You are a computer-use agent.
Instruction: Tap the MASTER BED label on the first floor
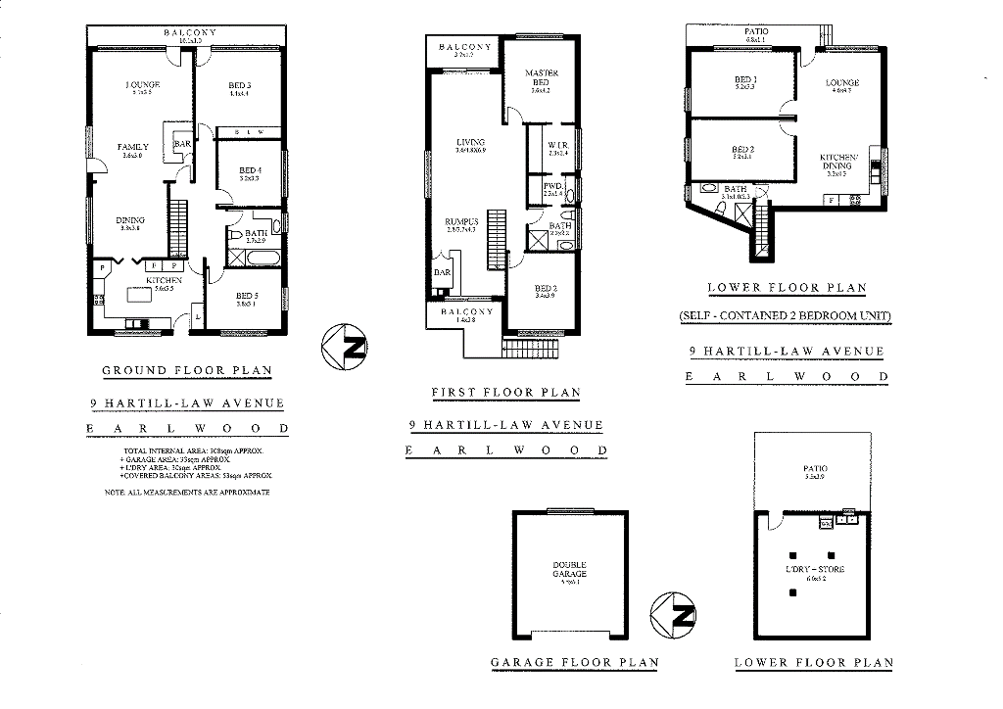point(541,77)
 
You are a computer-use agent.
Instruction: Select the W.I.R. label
point(558,145)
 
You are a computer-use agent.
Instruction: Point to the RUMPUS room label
point(460,221)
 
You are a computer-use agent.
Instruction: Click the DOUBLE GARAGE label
point(569,569)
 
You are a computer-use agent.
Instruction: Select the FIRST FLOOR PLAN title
point(505,393)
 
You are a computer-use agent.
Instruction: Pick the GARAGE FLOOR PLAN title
point(574,663)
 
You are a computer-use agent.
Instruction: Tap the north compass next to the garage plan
point(674,614)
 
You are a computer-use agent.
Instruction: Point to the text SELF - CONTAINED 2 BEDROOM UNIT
point(787,316)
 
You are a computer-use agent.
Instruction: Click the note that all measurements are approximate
point(186,493)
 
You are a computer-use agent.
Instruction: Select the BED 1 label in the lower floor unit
point(745,81)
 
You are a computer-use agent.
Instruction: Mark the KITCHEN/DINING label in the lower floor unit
point(838,162)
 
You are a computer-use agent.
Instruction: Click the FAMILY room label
point(132,149)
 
